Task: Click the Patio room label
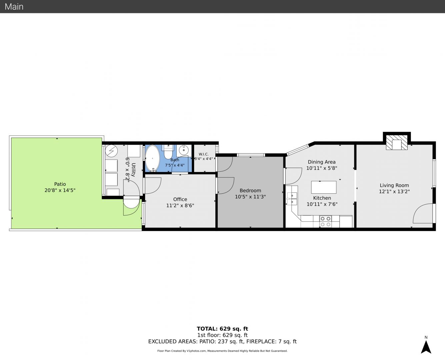60,184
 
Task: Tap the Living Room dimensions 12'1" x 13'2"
394,192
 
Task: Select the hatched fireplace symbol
397,142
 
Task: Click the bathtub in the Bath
153,158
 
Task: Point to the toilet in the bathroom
168,151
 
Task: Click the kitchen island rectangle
324,187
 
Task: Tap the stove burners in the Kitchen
325,221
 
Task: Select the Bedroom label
250,191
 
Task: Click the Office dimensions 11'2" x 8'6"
180,206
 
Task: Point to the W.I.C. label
203,154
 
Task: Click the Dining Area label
322,162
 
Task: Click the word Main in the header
14,7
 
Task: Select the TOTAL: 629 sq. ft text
222,329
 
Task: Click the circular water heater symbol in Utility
111,151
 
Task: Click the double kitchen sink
292,199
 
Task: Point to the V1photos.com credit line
222,351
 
